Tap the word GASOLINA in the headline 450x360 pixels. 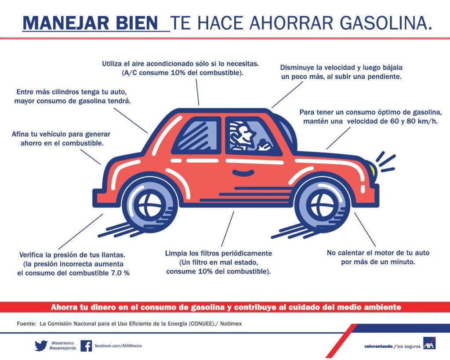pyautogui.click(x=386, y=23)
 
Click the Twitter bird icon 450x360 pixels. pyautogui.click(x=41, y=345)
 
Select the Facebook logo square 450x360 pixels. pyautogui.click(x=86, y=346)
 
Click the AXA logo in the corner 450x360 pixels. pyautogui.click(x=429, y=343)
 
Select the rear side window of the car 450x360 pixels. pyautogui.click(x=197, y=135)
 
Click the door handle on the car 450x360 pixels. pyautogui.click(x=243, y=173)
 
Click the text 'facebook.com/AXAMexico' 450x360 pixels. pyautogui.click(x=118, y=345)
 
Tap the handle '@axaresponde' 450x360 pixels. pyautogui.click(x=62, y=348)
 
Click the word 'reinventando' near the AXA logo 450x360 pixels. pyautogui.click(x=378, y=346)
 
